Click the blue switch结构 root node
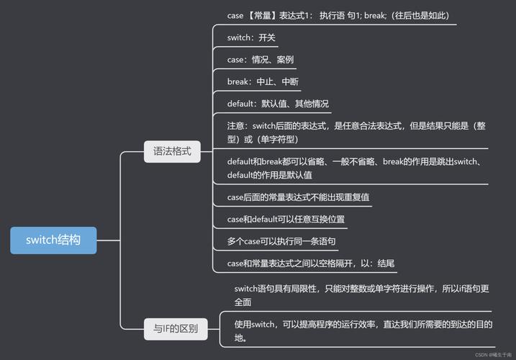(53, 240)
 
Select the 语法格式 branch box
(172, 152)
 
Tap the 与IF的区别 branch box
(176, 330)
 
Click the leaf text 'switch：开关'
(251, 37)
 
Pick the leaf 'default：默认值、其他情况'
(278, 103)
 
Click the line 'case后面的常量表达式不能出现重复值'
(298, 197)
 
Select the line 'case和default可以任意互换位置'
(290, 219)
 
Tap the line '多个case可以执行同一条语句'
(281, 241)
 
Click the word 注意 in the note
(237, 126)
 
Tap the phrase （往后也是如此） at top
(421, 15)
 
